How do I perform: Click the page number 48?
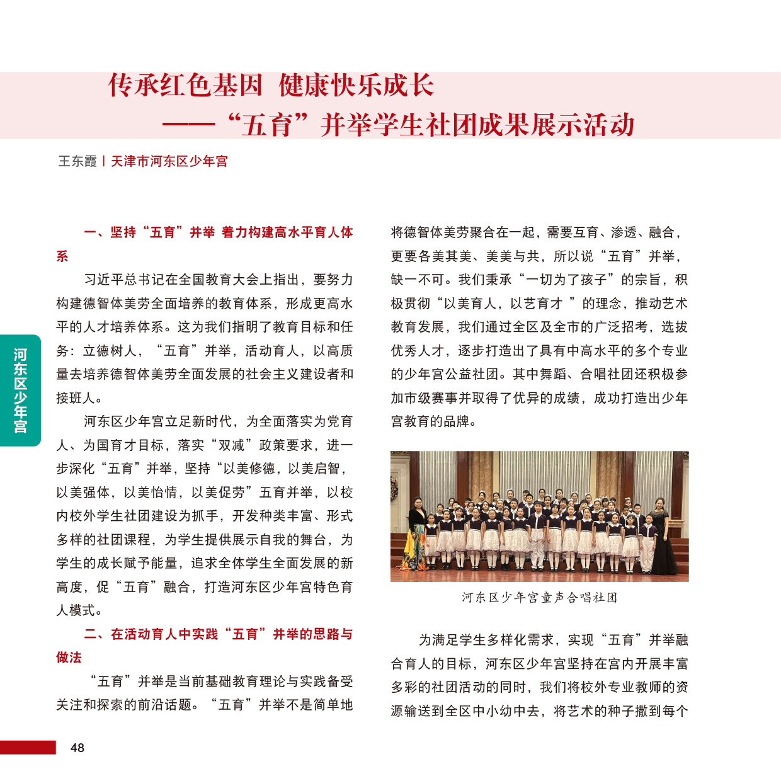point(77,748)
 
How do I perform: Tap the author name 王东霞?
point(77,161)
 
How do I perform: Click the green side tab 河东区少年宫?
point(20,390)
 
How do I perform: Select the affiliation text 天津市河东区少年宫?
point(169,161)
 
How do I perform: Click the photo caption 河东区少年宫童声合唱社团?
point(539,597)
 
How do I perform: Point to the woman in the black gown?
point(661,535)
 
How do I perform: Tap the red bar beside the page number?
point(28,748)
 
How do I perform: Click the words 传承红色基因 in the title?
point(185,86)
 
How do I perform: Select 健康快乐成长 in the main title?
point(356,86)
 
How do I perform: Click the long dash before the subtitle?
point(189,125)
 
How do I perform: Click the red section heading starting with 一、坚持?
point(218,232)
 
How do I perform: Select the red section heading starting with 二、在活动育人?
point(218,634)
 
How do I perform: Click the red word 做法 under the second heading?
point(69,658)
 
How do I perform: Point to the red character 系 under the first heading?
point(62,256)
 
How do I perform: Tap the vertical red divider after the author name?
point(104,161)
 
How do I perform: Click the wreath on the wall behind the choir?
point(395,488)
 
